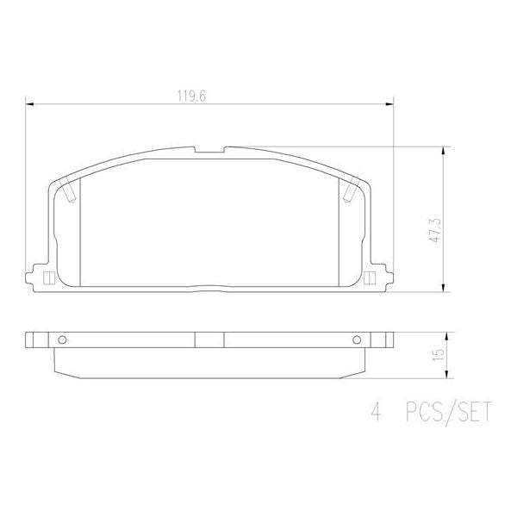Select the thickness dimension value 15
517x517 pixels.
[438, 354]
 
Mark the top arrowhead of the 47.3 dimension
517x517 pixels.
[445, 151]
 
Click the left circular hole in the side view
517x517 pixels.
[61, 340]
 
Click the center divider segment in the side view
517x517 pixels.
[209, 340]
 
